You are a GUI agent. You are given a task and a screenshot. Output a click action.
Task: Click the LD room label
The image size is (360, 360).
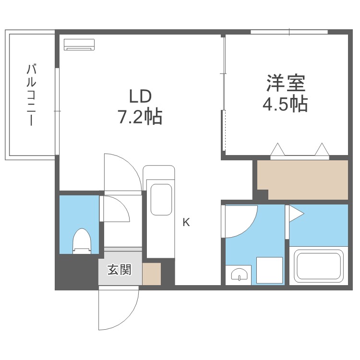pyautogui.click(x=140, y=96)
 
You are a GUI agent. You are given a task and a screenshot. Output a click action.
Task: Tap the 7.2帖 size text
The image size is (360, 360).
pyautogui.click(x=140, y=117)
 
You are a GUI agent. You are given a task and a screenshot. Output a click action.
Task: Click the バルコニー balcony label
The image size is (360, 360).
pyautogui.click(x=31, y=95)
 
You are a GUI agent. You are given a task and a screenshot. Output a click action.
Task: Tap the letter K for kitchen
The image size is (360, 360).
pyautogui.click(x=186, y=222)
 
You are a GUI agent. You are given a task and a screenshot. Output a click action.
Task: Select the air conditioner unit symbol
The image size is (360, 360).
pyautogui.click(x=80, y=44)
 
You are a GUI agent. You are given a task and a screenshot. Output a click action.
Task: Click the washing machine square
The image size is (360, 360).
pyautogui.click(x=269, y=270)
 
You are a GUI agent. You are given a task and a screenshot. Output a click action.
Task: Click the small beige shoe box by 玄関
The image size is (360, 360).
pyautogui.click(x=151, y=274)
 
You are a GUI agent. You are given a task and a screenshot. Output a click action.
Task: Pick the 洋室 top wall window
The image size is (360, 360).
pyautogui.click(x=289, y=32)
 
